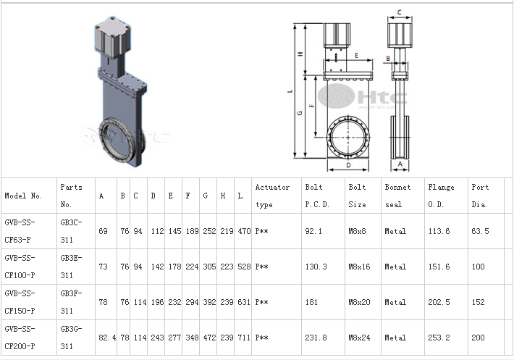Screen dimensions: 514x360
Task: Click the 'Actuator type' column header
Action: (x=272, y=196)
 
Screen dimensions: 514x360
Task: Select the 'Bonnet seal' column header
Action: (x=397, y=196)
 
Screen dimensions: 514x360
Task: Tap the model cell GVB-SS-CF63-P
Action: (x=20, y=231)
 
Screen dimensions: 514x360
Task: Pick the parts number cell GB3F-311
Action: (x=71, y=302)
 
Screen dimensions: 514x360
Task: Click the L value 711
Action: (x=244, y=338)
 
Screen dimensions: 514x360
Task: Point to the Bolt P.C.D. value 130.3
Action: (x=316, y=267)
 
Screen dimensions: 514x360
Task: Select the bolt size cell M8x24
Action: (x=359, y=338)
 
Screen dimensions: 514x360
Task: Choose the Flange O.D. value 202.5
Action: (x=439, y=302)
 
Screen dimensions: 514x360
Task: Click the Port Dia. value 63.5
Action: (x=480, y=232)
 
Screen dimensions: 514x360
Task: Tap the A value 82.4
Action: (x=107, y=338)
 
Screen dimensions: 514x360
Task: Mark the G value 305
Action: (x=209, y=267)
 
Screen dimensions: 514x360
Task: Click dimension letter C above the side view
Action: (x=400, y=12)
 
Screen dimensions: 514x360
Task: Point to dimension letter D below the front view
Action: (x=348, y=165)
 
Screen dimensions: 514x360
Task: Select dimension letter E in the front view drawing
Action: (x=356, y=55)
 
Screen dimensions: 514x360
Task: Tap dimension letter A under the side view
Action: (x=400, y=164)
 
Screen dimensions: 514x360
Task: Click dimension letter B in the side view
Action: (x=388, y=59)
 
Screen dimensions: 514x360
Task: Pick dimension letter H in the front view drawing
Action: (x=300, y=54)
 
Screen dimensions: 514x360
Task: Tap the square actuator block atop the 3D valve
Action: (x=112, y=37)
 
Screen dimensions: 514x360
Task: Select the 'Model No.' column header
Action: (x=23, y=196)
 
